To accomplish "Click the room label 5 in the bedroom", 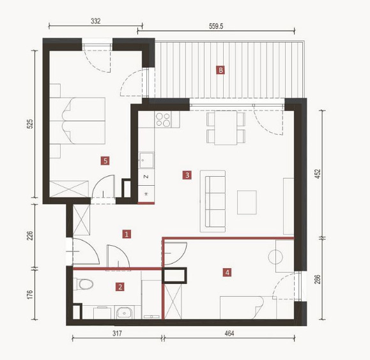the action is [x=105, y=161].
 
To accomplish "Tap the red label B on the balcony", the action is [x=220, y=70].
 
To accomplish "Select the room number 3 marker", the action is [x=187, y=175].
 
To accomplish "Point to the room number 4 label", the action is [x=227, y=273].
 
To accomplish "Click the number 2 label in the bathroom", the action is [x=120, y=287].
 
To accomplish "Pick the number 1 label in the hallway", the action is [x=127, y=234].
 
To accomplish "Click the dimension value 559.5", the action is [x=216, y=26].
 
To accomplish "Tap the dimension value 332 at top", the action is [x=96, y=21].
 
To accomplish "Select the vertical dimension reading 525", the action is [x=30, y=124].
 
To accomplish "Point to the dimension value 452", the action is [x=318, y=174].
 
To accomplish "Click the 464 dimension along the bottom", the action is [x=229, y=333].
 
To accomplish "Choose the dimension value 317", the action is [x=117, y=333].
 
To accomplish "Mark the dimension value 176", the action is [x=30, y=295].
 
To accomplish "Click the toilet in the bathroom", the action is [x=83, y=284].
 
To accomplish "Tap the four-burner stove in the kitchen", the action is [x=163, y=119].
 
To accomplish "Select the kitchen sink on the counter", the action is [x=146, y=160].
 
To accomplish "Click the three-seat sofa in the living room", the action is [x=213, y=201].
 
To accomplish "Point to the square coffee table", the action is [x=247, y=202].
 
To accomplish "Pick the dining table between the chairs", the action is [x=226, y=128].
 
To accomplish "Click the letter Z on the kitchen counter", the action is [x=146, y=177].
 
